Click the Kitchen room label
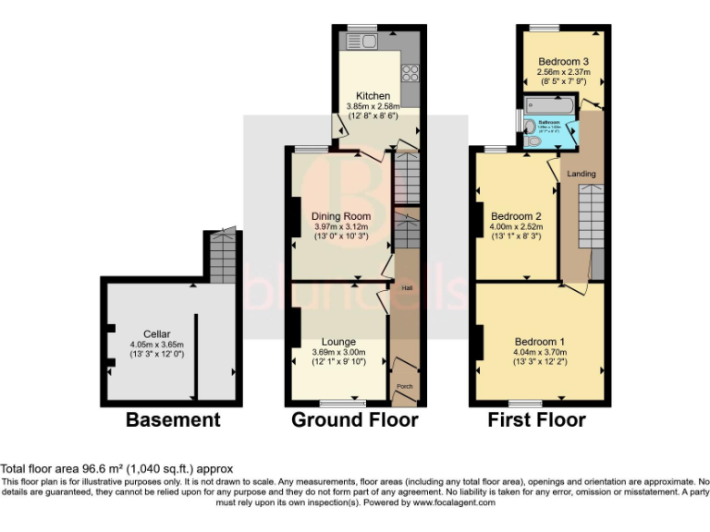tap(373, 96)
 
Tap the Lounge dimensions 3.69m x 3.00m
tap(337, 352)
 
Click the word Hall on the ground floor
tap(406, 288)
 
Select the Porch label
tap(404, 386)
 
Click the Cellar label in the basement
tap(157, 334)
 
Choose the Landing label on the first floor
tap(581, 174)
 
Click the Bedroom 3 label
tap(563, 64)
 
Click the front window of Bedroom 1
tap(525, 404)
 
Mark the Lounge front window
tap(341, 404)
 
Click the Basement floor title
tap(173, 420)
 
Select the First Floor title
tap(537, 420)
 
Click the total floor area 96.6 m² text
tap(116, 469)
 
